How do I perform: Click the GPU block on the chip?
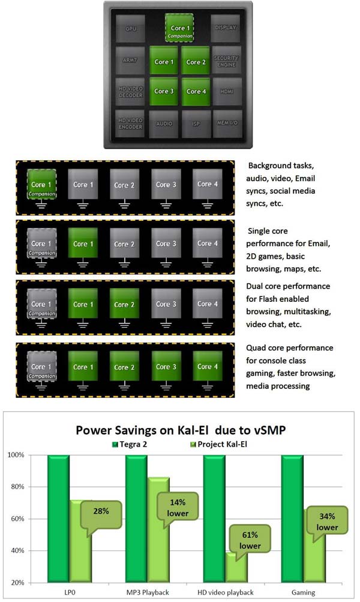[x=131, y=29]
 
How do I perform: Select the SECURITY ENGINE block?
[x=227, y=61]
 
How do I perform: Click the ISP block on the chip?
[x=194, y=123]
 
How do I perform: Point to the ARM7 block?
[x=131, y=61]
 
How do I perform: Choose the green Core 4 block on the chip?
[x=197, y=91]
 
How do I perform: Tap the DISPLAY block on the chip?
[x=227, y=28]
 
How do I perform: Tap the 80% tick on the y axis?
[x=32, y=487]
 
